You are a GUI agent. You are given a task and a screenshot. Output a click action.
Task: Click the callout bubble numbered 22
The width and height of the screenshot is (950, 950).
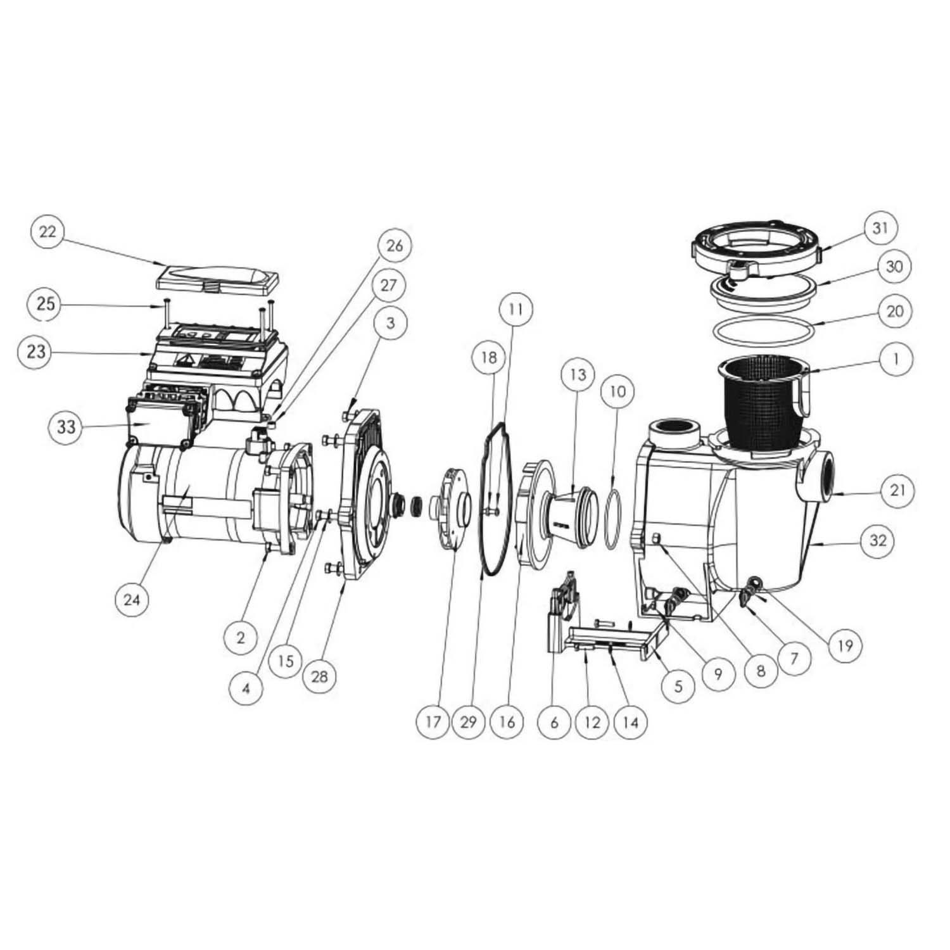pyautogui.click(x=47, y=232)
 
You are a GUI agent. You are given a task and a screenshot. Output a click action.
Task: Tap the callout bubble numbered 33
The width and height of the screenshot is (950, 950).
pyautogui.click(x=66, y=427)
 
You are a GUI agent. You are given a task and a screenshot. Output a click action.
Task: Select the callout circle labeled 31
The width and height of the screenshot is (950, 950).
pyautogui.click(x=881, y=228)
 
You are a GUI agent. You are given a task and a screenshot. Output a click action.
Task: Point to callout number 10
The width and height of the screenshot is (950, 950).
pyautogui.click(x=617, y=391)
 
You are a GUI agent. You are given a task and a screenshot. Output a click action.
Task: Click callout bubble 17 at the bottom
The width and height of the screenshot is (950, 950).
pyautogui.click(x=433, y=721)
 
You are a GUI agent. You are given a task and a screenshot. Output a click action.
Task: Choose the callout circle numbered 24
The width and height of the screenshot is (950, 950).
pyautogui.click(x=131, y=598)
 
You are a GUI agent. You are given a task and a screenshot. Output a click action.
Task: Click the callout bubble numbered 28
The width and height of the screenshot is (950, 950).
pyautogui.click(x=320, y=676)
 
